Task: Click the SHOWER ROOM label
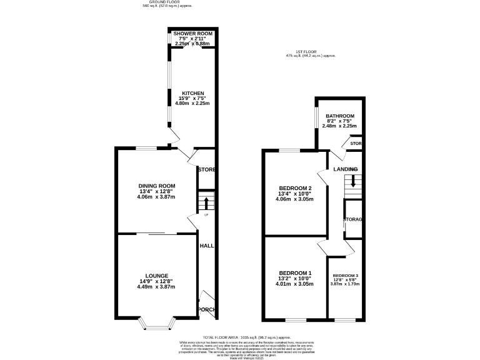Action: (x=192, y=33)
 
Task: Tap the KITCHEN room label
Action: (x=192, y=93)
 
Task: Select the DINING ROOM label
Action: (x=156, y=186)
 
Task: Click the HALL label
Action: (x=207, y=246)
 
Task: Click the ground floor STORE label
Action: (x=207, y=169)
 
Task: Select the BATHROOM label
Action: (x=339, y=116)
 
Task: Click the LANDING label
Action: (x=345, y=169)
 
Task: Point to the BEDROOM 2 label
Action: (x=295, y=188)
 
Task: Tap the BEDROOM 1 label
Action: (x=295, y=273)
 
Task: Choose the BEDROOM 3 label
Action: (x=345, y=276)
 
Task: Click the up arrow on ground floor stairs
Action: (x=207, y=202)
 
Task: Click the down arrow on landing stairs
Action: (x=353, y=182)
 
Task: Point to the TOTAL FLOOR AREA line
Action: (x=239, y=337)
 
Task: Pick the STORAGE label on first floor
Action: (x=353, y=219)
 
